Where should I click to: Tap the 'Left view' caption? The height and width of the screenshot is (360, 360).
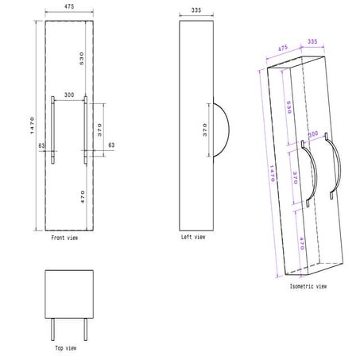pos(193,237)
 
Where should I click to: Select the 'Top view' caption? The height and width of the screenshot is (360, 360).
pos(65,348)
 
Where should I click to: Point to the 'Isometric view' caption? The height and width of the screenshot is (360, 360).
pos(307,285)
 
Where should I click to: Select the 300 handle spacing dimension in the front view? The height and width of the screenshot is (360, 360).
pos(68,95)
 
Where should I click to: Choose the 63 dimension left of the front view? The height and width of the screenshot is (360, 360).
pos(43,145)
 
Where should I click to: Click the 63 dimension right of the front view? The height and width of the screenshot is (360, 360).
pos(110,145)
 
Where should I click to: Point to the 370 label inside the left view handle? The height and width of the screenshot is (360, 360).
pos(204,131)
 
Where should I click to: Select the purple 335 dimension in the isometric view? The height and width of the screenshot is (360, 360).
pos(312,40)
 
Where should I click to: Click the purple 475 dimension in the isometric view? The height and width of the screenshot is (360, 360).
pos(281,48)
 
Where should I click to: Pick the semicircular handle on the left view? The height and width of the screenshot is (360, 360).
pos(222,131)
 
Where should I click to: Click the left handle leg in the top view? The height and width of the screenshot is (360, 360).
pos(53,329)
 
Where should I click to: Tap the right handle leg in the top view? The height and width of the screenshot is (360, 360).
pos(86,329)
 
